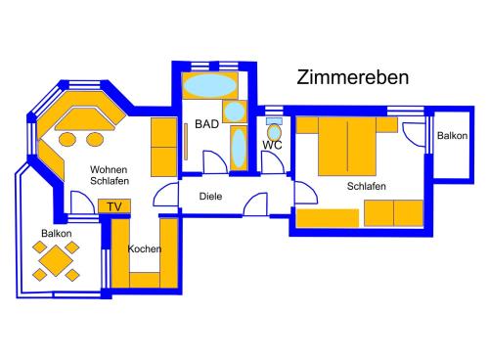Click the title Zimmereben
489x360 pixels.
(x=352, y=77)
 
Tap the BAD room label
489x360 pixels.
(x=206, y=124)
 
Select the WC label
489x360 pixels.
(x=272, y=145)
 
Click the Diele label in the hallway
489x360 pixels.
(x=210, y=197)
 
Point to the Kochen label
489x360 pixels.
(x=145, y=248)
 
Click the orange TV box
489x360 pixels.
(x=114, y=206)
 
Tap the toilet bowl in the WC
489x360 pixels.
(x=274, y=132)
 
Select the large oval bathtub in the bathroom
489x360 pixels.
(x=210, y=85)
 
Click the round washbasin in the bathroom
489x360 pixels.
(x=235, y=112)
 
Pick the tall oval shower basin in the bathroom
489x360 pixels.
(x=239, y=149)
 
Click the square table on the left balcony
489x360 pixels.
(x=56, y=261)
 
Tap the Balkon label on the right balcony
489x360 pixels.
(x=452, y=135)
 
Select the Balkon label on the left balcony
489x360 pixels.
(x=57, y=233)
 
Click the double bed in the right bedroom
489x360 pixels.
(x=347, y=147)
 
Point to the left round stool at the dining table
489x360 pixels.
(x=67, y=140)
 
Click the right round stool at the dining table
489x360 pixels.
(x=95, y=140)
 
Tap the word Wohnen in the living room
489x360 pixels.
(x=109, y=169)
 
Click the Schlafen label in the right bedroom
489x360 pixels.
(x=367, y=186)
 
